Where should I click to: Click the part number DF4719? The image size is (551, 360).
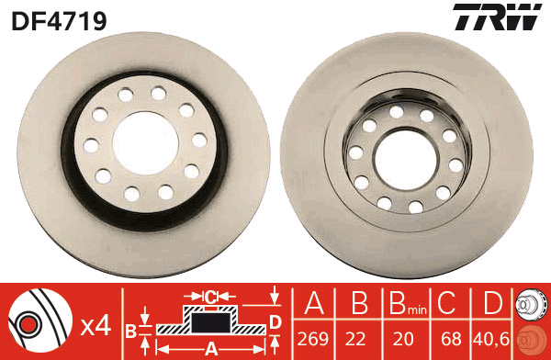(x=59, y=20)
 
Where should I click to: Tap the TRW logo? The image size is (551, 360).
(x=497, y=17)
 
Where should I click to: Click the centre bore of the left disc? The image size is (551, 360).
(x=145, y=143)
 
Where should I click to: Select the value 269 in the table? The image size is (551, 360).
(x=313, y=339)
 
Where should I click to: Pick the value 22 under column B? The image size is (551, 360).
(x=355, y=339)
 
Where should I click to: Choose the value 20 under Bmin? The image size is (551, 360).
(x=403, y=339)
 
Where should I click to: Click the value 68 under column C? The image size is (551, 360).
(x=451, y=339)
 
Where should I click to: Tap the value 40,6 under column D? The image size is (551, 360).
(x=491, y=339)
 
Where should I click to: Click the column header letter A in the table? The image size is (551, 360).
(x=314, y=303)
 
